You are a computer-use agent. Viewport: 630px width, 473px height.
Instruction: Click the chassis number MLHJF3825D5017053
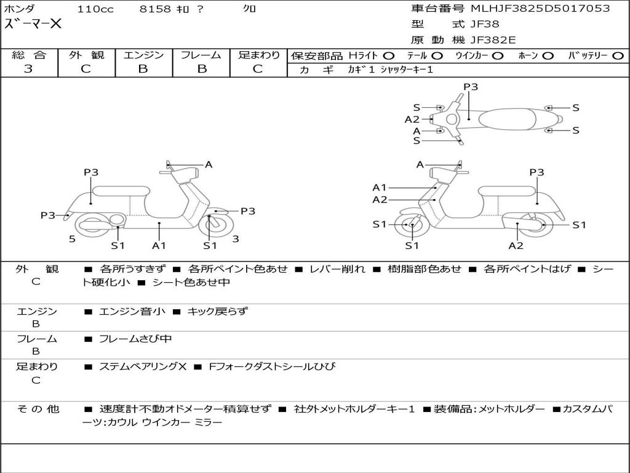pyautogui.click(x=540, y=9)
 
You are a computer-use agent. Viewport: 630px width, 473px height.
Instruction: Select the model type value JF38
pyautogui.click(x=485, y=25)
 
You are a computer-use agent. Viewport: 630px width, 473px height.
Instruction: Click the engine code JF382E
pyautogui.click(x=493, y=41)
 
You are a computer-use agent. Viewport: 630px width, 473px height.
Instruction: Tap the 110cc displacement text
pyautogui.click(x=95, y=9)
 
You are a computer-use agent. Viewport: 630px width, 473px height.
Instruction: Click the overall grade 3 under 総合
pyautogui.click(x=28, y=69)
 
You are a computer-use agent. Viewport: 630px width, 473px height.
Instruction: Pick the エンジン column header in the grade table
pyautogui.click(x=143, y=55)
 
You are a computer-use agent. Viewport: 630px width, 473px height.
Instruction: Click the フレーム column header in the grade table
pyautogui.click(x=201, y=55)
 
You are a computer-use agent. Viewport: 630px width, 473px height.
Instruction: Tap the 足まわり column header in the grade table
pyautogui.click(x=258, y=55)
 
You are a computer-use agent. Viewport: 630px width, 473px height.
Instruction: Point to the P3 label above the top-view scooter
pyautogui.click(x=471, y=87)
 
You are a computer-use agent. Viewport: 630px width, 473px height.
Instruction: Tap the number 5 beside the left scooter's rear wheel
pyautogui.click(x=72, y=239)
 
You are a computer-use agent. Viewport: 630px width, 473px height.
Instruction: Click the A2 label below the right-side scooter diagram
pyautogui.click(x=516, y=246)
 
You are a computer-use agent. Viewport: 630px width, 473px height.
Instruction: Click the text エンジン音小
pyautogui.click(x=132, y=312)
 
